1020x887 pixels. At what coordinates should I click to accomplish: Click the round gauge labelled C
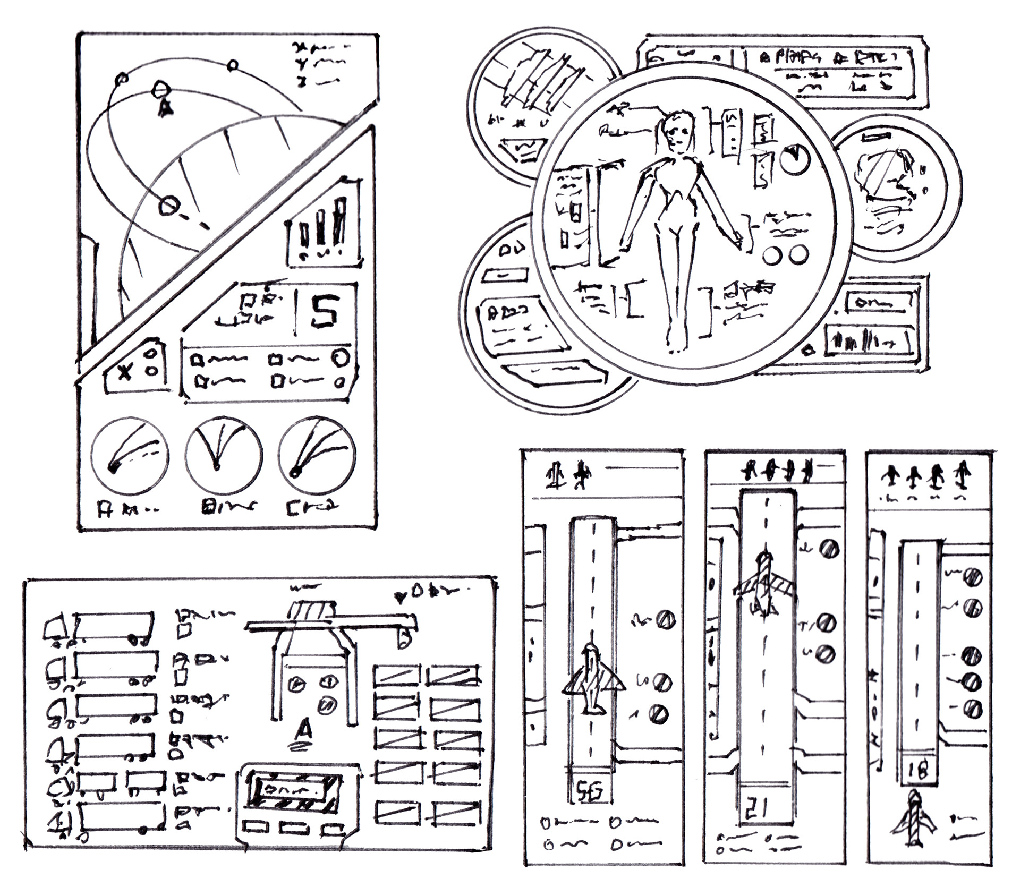[x=317, y=454]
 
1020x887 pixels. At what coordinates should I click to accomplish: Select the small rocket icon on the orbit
[x=165, y=107]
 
